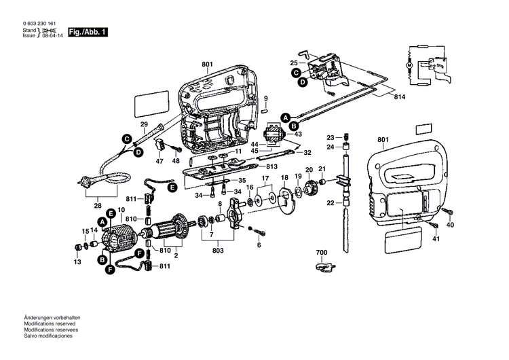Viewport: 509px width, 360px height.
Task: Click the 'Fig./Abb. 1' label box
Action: (x=88, y=32)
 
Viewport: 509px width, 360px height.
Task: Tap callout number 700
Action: (x=322, y=253)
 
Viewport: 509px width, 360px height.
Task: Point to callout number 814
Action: (x=402, y=98)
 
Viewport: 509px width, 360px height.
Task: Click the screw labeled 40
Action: (x=447, y=213)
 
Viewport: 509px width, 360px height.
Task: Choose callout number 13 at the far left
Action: (x=77, y=262)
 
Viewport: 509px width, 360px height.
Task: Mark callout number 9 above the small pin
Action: (x=266, y=98)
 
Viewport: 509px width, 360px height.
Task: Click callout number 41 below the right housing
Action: (x=436, y=238)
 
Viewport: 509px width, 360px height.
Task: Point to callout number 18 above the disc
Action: (x=284, y=178)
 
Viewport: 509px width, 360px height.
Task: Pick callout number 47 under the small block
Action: (x=160, y=162)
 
